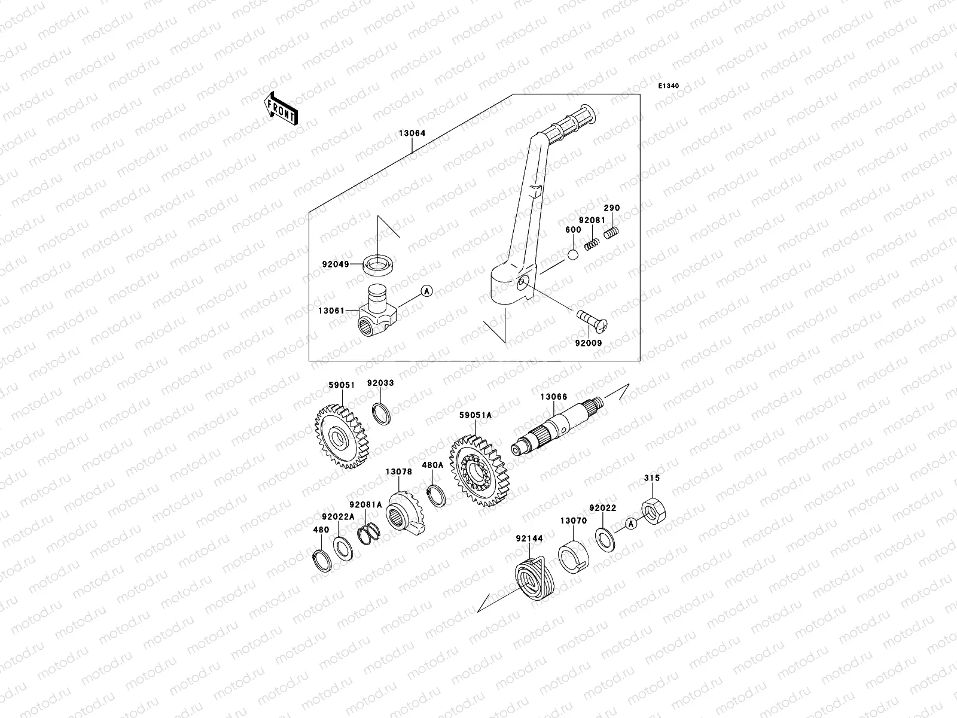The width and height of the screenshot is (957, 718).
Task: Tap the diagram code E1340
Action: (x=669, y=86)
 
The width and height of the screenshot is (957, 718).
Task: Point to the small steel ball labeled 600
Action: (x=573, y=254)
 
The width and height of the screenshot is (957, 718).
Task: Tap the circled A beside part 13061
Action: (x=426, y=291)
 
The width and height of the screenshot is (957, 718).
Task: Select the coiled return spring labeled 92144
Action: (x=534, y=577)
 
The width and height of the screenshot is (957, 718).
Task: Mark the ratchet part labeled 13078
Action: (x=404, y=512)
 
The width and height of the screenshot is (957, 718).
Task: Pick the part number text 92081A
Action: (x=365, y=505)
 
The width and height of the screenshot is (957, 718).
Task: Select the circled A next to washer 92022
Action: (x=630, y=524)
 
